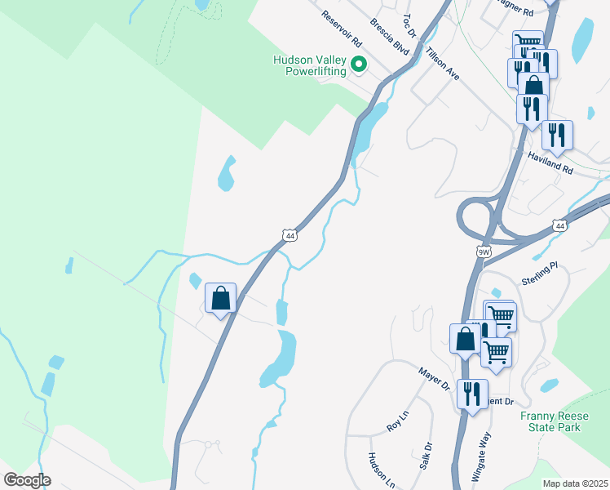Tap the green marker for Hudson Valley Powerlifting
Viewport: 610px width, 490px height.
[x=358, y=65]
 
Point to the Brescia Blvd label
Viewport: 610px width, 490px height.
[x=388, y=35]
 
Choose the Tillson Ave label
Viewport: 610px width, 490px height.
[x=442, y=63]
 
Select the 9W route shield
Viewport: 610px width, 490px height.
[x=484, y=252]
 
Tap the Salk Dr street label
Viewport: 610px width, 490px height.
[x=427, y=456]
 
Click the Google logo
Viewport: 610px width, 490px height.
[x=28, y=479]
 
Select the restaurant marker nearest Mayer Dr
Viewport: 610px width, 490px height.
[x=472, y=394]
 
